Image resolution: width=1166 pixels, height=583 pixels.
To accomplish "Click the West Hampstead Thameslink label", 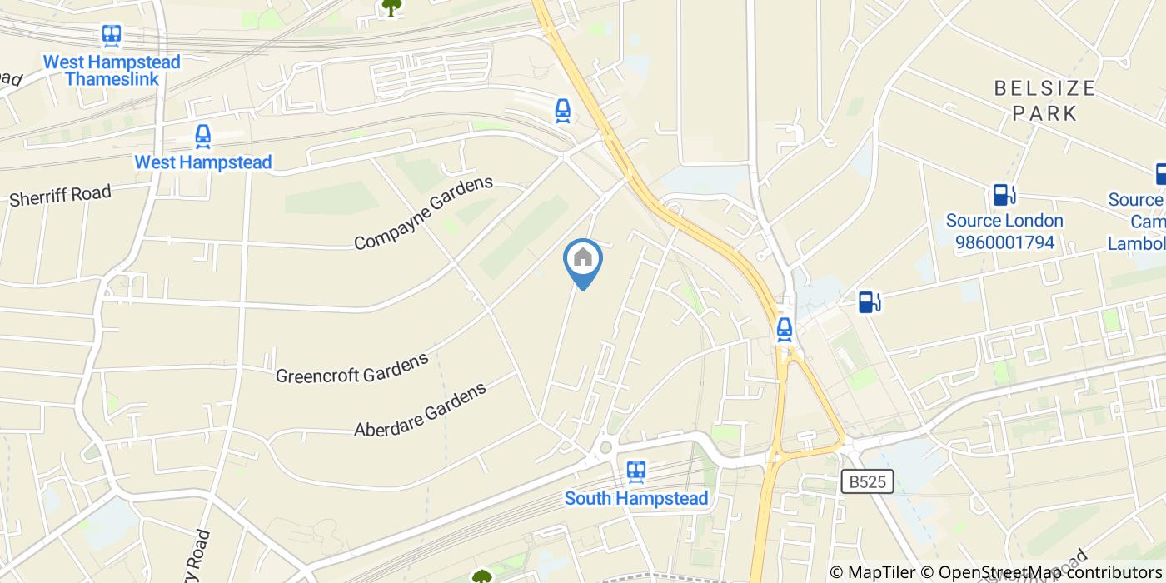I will (112, 71).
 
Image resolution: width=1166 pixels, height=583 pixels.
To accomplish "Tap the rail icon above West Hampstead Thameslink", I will (112, 35).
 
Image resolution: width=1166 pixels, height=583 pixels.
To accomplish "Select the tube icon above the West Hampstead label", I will (202, 136).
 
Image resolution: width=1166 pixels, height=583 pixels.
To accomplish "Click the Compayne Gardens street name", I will (423, 213).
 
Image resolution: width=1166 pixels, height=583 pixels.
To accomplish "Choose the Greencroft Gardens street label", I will (351, 366).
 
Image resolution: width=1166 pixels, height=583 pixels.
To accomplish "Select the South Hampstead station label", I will (636, 498).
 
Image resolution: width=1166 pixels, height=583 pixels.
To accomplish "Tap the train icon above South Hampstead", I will (636, 472).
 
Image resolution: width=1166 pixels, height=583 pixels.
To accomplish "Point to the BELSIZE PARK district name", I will (1044, 100).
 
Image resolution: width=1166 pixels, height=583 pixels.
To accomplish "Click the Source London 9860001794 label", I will (1004, 232).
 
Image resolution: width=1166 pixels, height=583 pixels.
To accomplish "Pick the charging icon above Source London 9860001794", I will (1004, 194).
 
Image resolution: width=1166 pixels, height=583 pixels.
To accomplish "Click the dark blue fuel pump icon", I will (869, 301).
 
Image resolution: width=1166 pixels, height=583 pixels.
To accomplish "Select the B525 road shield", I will (867, 481).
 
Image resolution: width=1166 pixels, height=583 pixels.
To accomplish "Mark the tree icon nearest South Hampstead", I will (481, 576).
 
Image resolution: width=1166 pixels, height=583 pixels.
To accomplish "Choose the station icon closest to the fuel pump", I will (784, 329).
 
